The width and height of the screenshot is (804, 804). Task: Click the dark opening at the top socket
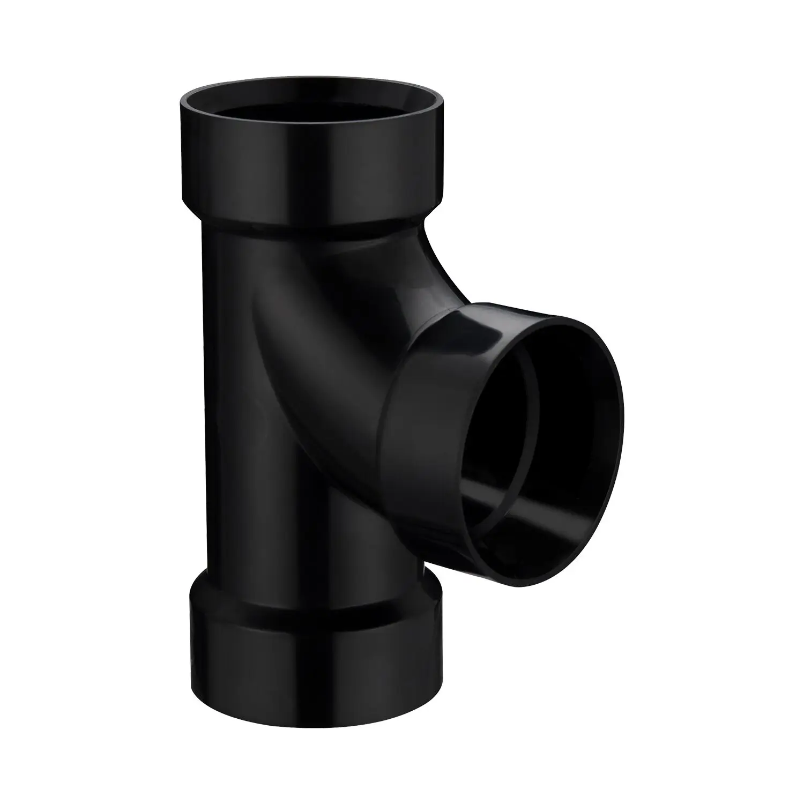(311, 109)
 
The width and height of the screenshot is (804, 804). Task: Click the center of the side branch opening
(541, 418)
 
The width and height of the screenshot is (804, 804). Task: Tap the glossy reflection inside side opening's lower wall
(536, 493)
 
